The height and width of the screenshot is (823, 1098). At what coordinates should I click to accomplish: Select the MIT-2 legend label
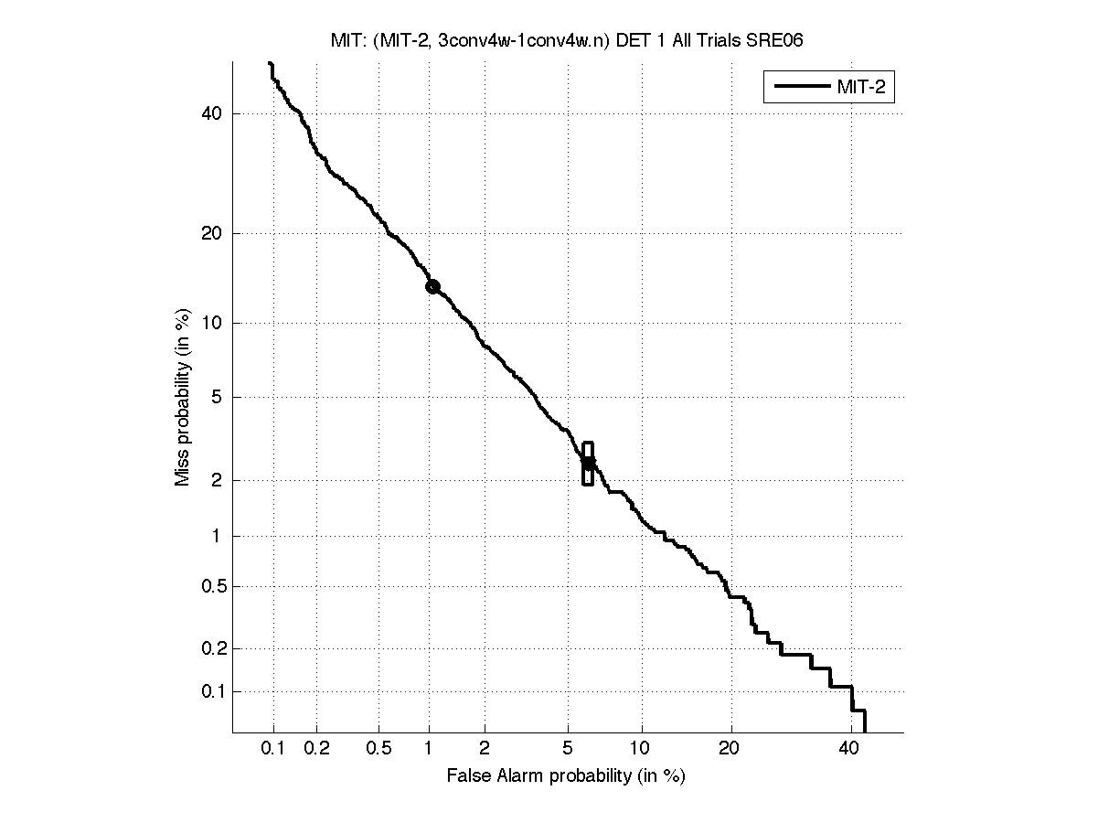tap(864, 87)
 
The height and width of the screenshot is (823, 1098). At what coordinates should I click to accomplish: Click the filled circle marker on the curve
tap(432, 286)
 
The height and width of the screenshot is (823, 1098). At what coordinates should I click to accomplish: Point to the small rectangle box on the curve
tap(588, 464)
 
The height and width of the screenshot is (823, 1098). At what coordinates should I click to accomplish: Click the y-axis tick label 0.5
tap(209, 586)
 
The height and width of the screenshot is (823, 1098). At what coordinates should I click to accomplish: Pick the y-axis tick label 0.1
tap(209, 691)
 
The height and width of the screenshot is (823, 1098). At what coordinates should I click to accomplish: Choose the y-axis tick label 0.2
tap(209, 648)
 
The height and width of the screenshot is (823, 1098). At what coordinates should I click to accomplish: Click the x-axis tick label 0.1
tap(273, 749)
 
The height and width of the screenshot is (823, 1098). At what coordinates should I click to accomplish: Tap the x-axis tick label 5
tap(568, 749)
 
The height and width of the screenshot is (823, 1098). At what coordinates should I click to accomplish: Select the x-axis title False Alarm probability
tap(566, 776)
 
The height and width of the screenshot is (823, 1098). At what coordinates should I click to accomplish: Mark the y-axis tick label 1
tap(216, 537)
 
